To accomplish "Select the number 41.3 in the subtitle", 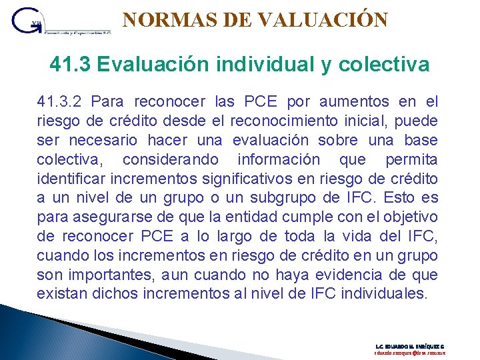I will coord(70,65).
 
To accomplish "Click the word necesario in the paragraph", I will coord(103,141).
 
